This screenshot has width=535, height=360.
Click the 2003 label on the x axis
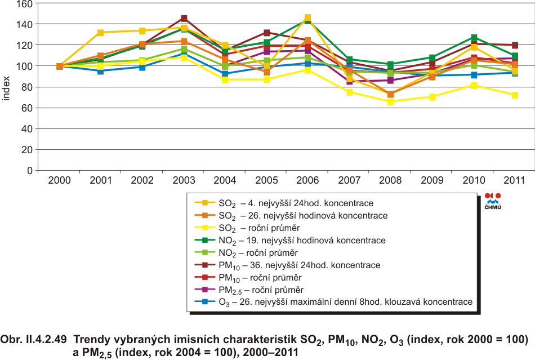[x=184, y=181]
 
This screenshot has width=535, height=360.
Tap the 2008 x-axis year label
[x=391, y=181]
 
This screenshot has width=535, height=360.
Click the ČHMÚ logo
[x=493, y=201]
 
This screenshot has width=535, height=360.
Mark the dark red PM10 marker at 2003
[x=184, y=19]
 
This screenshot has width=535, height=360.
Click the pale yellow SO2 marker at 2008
[x=391, y=102]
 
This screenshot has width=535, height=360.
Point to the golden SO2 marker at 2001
[x=101, y=33]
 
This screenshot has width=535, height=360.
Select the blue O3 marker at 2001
[x=101, y=71]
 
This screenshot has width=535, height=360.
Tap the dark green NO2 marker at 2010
[x=474, y=38]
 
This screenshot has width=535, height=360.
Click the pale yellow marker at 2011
[x=515, y=95]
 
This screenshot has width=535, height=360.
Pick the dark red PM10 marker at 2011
[x=515, y=45]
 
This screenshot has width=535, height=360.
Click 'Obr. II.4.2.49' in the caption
[x=34, y=340]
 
